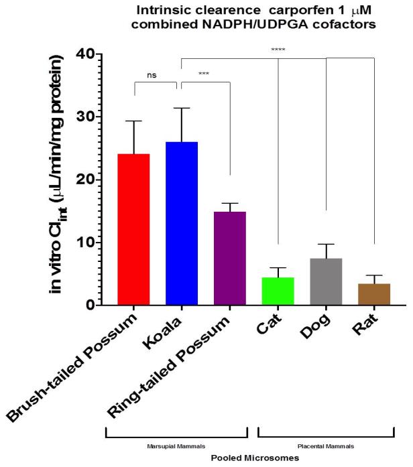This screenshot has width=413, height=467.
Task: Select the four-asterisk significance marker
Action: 277,50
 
